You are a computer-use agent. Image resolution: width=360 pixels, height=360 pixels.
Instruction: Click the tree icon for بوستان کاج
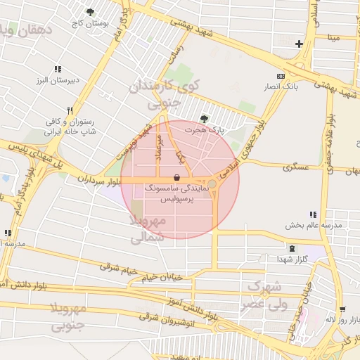point(90,12)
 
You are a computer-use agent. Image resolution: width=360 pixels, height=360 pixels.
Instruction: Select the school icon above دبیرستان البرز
point(58,69)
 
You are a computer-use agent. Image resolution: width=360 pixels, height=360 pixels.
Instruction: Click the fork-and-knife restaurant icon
point(70,110)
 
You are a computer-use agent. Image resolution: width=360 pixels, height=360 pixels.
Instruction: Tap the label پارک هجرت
point(204,130)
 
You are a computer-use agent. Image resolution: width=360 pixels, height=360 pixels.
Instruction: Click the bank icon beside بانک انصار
point(281,76)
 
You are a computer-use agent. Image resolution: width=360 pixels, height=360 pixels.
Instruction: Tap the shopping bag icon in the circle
point(176,177)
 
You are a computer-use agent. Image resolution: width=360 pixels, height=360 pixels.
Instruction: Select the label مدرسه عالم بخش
point(313,226)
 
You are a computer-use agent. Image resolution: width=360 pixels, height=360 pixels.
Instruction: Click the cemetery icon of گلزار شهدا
point(292,248)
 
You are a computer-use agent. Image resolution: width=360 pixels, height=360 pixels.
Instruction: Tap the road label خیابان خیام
point(162,277)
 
